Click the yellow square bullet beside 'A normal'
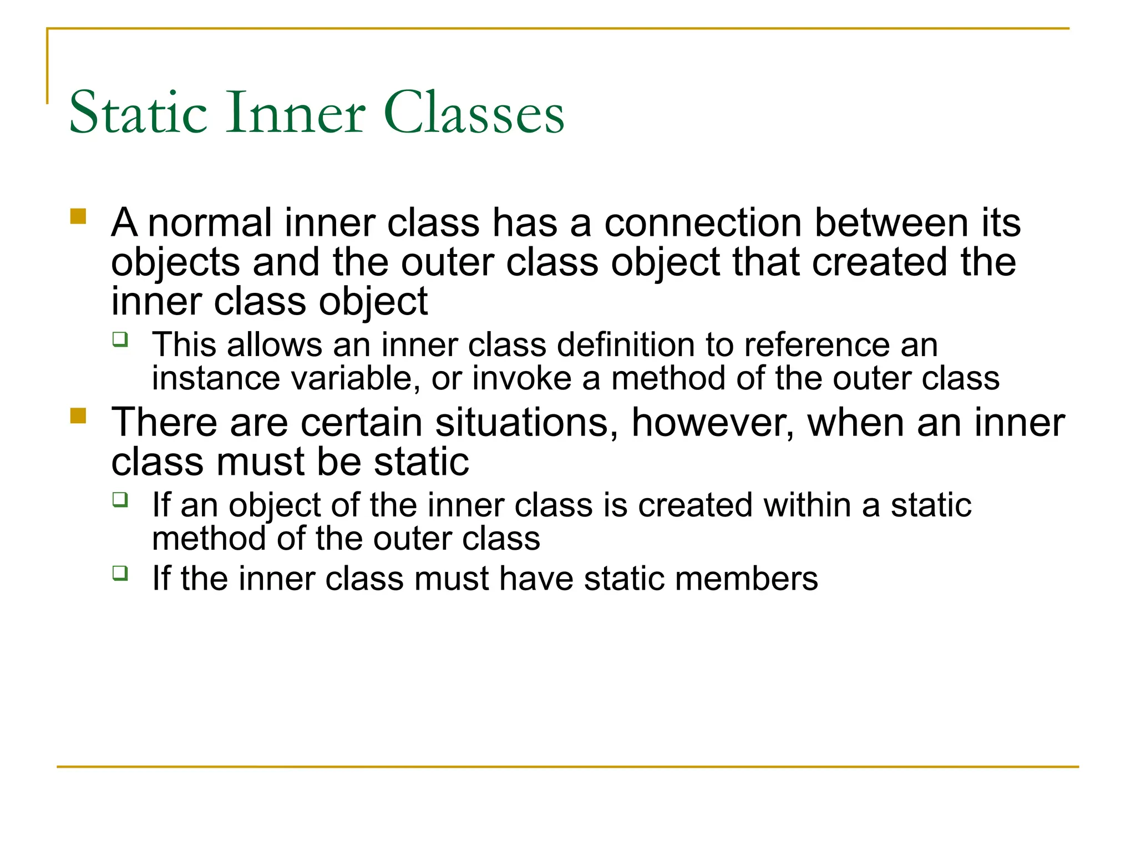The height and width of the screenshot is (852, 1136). pyautogui.click(x=78, y=216)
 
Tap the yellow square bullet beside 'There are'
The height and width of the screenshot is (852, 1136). pyautogui.click(x=78, y=415)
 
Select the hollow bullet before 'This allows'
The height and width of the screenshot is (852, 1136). pyautogui.click(x=120, y=339)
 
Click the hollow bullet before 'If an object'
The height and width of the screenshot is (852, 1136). pyautogui.click(x=120, y=499)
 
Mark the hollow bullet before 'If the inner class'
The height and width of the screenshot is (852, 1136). pyautogui.click(x=120, y=572)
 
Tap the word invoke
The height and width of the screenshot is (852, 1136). pyautogui.click(x=522, y=379)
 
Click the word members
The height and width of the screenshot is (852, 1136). pyautogui.click(x=747, y=579)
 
